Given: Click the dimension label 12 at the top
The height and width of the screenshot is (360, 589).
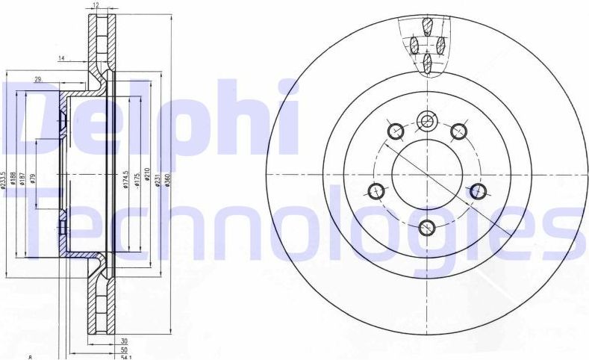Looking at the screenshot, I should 96,6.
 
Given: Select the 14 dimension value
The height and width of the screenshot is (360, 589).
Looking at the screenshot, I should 62,58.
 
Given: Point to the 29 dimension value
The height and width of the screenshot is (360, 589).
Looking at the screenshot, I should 37,78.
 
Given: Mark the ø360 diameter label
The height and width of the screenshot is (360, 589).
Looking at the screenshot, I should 169,180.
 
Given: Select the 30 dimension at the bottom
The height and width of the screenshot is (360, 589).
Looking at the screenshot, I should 123,341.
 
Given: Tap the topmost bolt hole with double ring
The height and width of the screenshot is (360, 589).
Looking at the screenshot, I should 427,120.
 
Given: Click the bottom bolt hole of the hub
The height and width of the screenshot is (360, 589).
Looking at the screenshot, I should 427,227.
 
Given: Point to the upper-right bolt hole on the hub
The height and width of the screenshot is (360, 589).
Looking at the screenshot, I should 459,131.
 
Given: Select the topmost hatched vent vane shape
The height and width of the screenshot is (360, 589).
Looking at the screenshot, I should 427,27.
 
